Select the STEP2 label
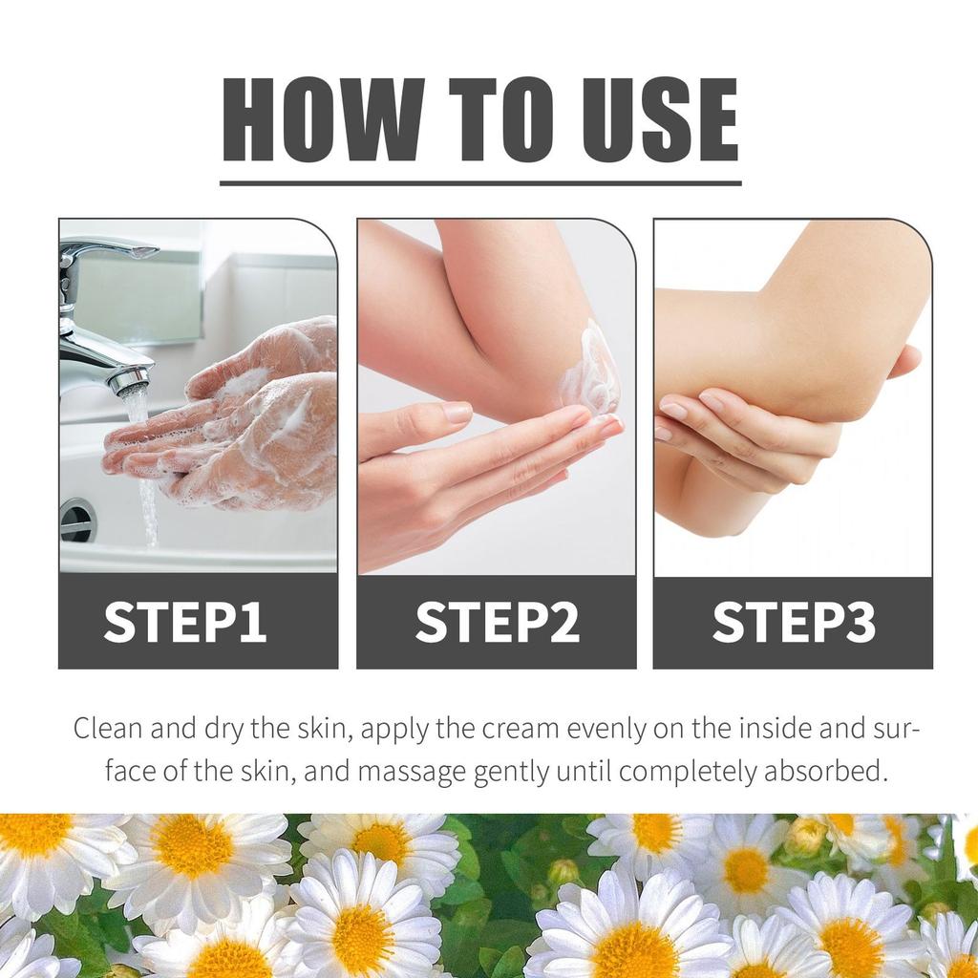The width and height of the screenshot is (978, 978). (x=497, y=623)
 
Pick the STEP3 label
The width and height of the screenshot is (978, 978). (x=794, y=623)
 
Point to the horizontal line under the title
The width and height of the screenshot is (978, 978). (x=480, y=182)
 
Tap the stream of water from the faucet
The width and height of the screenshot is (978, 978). (x=146, y=478)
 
